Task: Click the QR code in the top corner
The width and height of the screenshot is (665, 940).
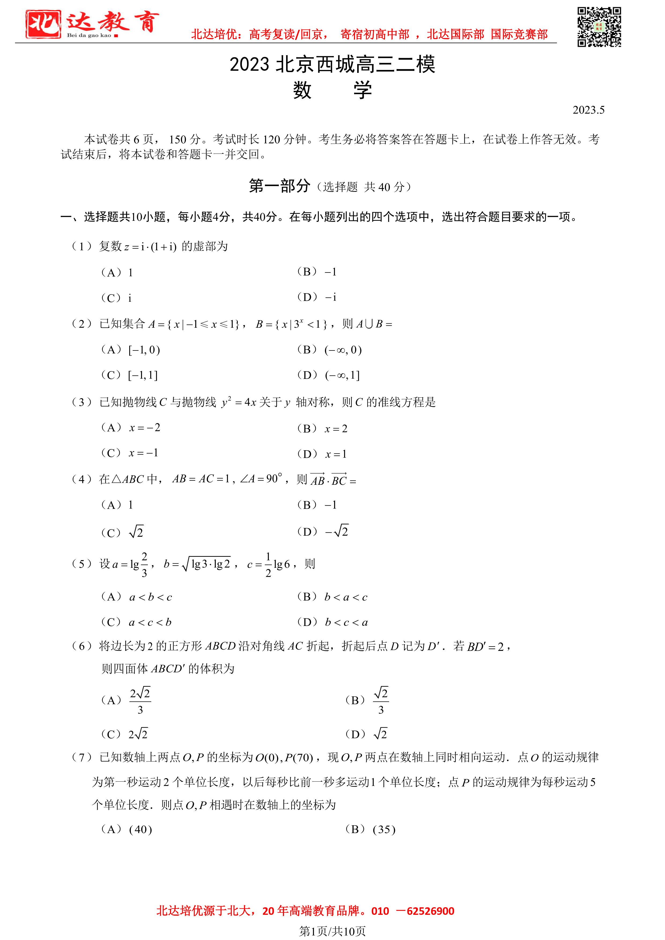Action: (x=599, y=27)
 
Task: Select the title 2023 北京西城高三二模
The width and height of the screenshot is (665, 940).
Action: (x=332, y=65)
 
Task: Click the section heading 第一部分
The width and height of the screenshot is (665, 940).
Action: (x=279, y=186)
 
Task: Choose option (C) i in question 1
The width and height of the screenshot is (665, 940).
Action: (x=116, y=298)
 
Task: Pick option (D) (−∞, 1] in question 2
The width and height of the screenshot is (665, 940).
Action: (x=328, y=375)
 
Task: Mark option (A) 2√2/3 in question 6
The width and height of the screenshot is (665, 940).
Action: (x=126, y=700)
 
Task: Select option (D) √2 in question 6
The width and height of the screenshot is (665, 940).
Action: (x=366, y=734)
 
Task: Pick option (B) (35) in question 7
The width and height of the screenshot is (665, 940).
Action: (x=370, y=829)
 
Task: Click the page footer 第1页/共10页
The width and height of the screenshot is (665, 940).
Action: (x=332, y=931)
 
